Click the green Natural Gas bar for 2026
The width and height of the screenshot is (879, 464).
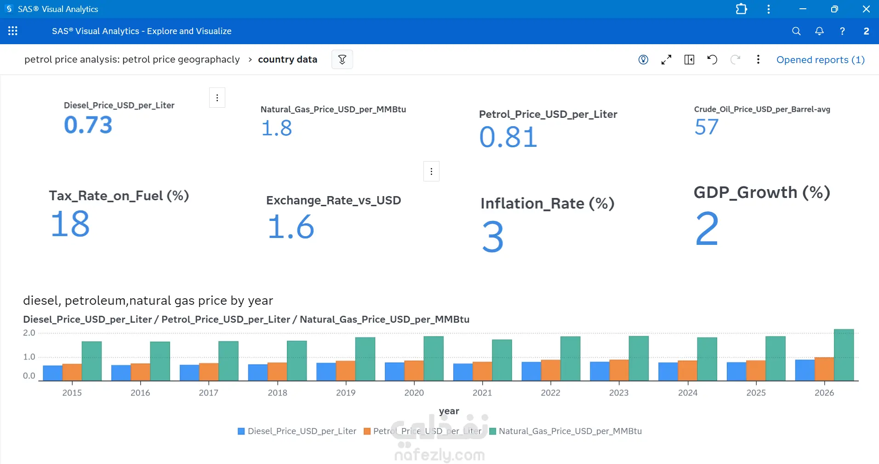(844, 355)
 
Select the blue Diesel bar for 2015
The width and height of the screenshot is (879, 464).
(52, 373)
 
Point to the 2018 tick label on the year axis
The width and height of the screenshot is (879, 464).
(277, 393)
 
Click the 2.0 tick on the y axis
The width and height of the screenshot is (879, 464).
(29, 333)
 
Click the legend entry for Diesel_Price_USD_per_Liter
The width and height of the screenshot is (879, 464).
(297, 431)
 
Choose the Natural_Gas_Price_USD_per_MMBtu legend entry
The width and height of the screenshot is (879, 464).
(566, 431)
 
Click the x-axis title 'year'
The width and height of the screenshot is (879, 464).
(449, 411)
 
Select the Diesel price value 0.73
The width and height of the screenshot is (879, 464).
(88, 125)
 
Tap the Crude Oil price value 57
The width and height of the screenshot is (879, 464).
(707, 127)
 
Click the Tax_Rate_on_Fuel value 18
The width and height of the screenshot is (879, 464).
(70, 224)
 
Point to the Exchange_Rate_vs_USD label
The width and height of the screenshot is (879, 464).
(333, 200)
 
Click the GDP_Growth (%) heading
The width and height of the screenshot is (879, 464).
(762, 192)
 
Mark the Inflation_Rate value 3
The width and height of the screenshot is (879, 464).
(493, 237)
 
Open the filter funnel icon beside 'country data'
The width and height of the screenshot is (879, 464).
(342, 59)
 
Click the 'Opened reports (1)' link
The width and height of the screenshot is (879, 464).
(821, 60)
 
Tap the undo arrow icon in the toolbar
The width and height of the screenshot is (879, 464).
(712, 59)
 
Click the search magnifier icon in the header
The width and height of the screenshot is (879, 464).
(796, 31)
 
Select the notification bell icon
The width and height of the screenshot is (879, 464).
(819, 31)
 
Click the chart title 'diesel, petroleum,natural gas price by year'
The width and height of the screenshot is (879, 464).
(148, 301)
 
